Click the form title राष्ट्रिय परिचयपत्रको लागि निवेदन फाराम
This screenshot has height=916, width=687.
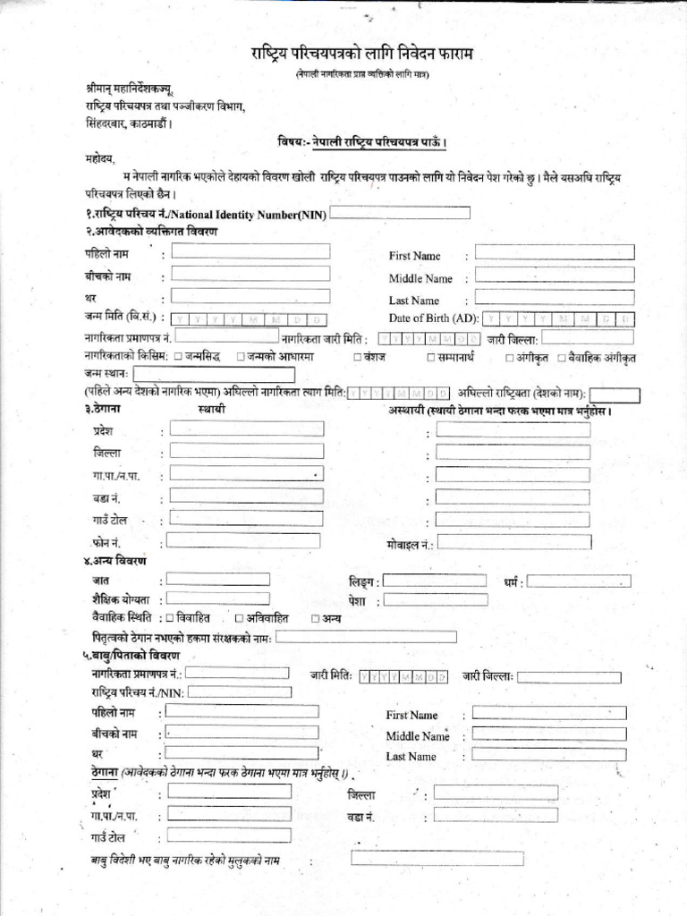(361, 55)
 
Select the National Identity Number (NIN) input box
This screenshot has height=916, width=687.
(401, 213)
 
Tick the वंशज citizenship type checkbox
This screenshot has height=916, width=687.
(358, 357)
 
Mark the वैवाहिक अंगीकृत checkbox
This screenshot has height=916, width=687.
(562, 357)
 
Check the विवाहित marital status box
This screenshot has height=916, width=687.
(169, 618)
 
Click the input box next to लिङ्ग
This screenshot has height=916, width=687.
(434, 581)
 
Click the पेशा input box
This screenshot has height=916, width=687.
(434, 600)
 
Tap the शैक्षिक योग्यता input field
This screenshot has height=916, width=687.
(217, 598)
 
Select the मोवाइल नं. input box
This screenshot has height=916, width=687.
(513, 542)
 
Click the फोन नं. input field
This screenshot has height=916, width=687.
(231, 540)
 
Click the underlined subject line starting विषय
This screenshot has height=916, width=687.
(362, 142)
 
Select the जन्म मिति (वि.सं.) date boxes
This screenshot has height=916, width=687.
(250, 319)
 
